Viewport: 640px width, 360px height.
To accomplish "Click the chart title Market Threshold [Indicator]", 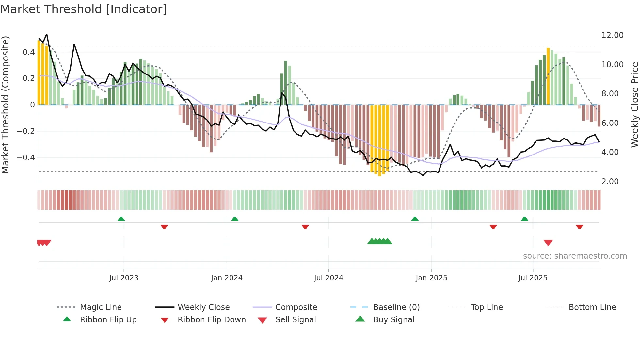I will coord(84,9).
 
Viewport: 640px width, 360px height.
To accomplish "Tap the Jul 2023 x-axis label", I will coord(124,278).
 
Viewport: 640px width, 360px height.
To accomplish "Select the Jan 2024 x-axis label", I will coord(227,278).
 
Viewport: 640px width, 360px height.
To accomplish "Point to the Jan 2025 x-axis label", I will coord(431,278).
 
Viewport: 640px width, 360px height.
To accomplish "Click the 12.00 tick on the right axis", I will coord(612,35).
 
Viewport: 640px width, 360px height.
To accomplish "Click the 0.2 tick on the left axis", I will coord(28,78).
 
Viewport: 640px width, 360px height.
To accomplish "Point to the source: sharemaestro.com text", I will coord(575,256).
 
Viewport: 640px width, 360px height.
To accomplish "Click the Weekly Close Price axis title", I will coord(634,105).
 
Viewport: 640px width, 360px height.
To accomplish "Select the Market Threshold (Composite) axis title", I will coord(5,105).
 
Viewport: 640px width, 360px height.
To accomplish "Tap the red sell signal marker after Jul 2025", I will coord(548,243).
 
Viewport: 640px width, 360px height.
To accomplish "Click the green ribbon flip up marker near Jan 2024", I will coord(234,219).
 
